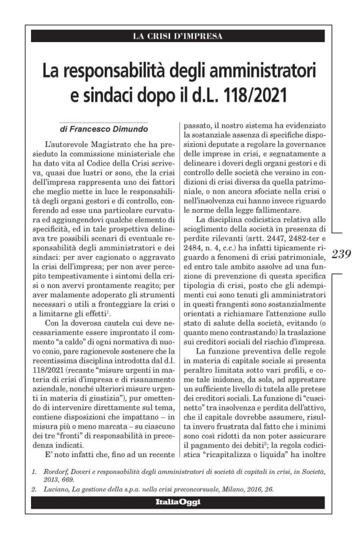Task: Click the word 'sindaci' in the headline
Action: [113, 97]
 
